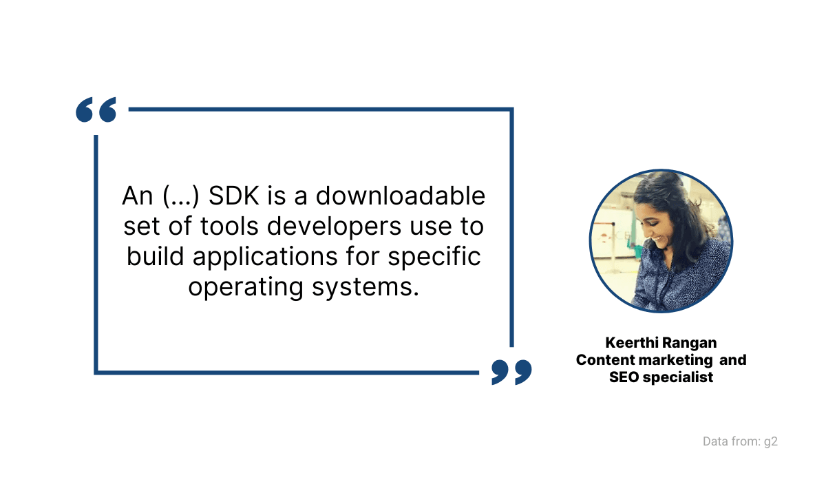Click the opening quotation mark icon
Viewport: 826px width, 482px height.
click(x=96, y=110)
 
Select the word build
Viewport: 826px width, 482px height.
click(x=156, y=257)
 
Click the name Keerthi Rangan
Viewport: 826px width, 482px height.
click(x=661, y=342)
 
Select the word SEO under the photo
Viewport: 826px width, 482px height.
click(x=625, y=377)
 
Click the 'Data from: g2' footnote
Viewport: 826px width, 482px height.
click(x=740, y=441)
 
